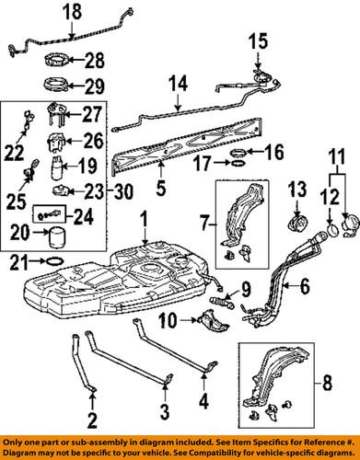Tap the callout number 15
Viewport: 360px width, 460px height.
point(257,42)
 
